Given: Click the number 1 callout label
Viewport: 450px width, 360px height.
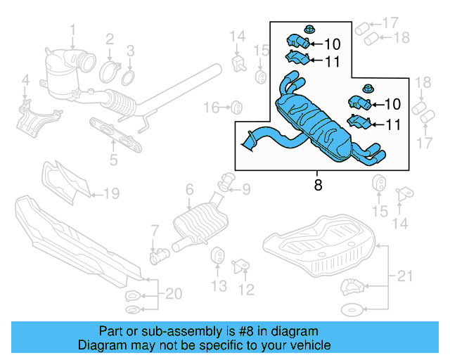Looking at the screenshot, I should (72, 29).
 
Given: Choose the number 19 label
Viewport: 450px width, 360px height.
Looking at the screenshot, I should (113, 193).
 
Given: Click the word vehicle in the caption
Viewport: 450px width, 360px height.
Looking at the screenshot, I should (309, 345).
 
